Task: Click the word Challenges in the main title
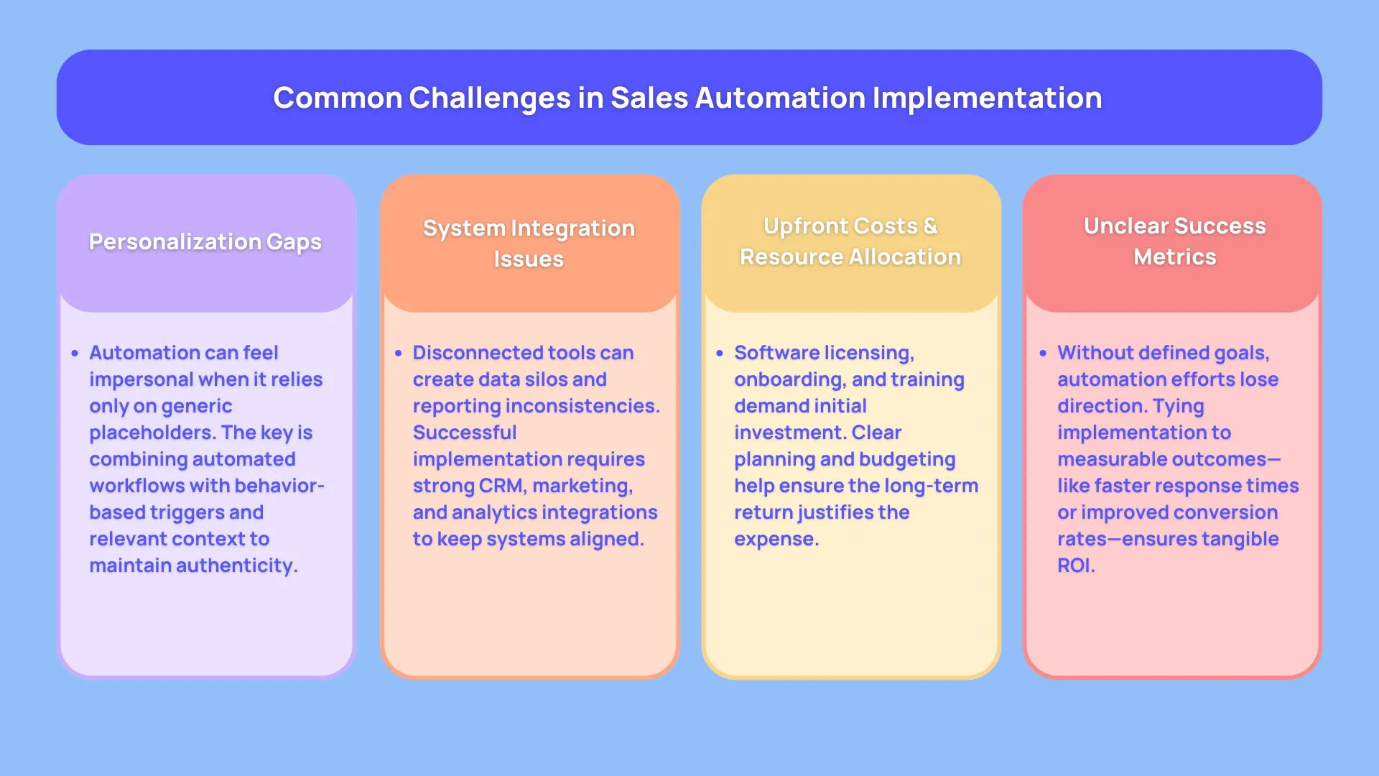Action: pos(489,98)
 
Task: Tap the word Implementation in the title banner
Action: pos(987,98)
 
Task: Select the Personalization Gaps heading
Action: pos(205,242)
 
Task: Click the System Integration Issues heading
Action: pos(529,244)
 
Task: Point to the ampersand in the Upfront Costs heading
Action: pos(930,226)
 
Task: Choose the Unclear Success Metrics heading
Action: pos(1174,241)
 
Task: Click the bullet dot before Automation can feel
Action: pos(75,354)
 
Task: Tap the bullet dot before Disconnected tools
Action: pos(398,354)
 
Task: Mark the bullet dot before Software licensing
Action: pos(720,354)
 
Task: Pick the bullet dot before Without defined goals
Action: pos(1043,354)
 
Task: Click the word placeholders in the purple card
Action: pos(152,433)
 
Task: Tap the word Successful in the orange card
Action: pos(465,433)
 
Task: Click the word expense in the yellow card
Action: pos(775,539)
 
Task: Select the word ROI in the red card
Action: pos(1074,565)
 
